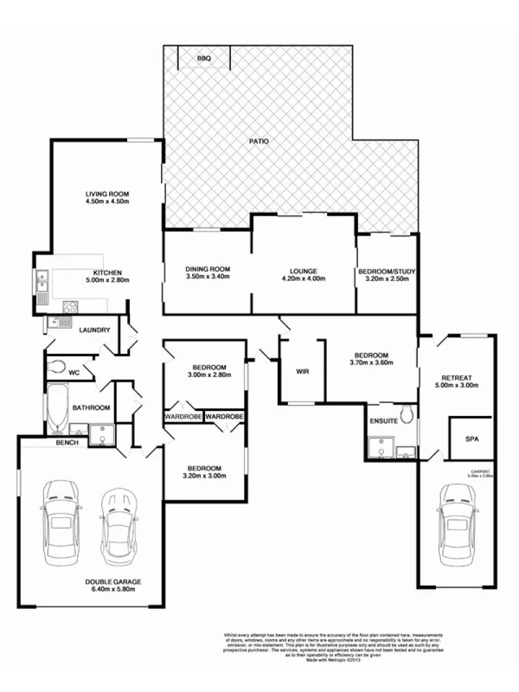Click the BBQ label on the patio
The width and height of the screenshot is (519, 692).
tap(204, 59)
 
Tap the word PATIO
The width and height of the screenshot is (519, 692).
tap(259, 140)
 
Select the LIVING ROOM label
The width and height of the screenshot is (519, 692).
tap(107, 193)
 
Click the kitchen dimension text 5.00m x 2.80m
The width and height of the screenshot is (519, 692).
tap(107, 279)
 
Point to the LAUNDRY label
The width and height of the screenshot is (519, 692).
tap(94, 330)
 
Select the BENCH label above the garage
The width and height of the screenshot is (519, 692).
tap(67, 443)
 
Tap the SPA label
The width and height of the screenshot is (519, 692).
tap(471, 439)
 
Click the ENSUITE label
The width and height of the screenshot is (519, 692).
tap(383, 420)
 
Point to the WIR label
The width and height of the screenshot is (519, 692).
tap(303, 372)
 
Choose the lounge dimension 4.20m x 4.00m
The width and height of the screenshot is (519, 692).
tap(303, 279)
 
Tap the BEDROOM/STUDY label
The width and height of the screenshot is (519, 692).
tap(387, 272)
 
